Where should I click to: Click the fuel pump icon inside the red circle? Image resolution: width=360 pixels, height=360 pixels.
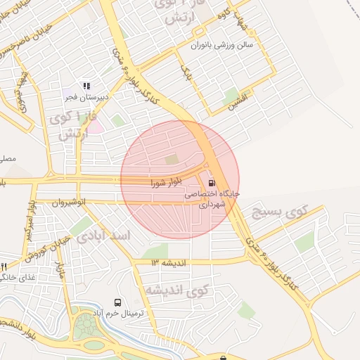coord(213,182)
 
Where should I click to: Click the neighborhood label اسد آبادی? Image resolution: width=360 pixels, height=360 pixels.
coord(103,236)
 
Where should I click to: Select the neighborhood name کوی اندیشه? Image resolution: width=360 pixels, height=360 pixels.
coord(179,289)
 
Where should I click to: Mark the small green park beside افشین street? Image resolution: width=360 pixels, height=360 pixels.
coord(230,101)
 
